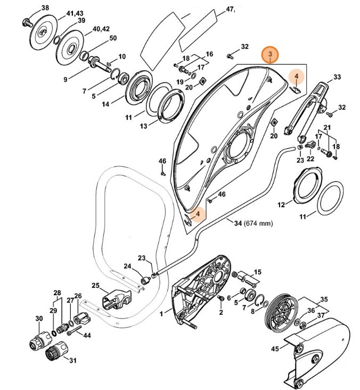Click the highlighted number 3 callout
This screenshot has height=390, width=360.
pos(270,55)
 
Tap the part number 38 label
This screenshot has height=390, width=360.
pos(45,8)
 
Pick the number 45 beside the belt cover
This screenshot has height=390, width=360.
pos(274,350)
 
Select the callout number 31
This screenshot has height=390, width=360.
pos(73,360)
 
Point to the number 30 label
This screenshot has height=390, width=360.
pos(39,319)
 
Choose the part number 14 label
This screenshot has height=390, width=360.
pos(105,105)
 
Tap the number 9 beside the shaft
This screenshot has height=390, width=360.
pos(66,79)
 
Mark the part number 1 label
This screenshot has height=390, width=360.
pos(161,315)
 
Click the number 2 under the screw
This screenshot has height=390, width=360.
pos(220,312)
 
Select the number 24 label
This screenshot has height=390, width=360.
pos(127,266)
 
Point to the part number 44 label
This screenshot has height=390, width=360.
pos(87,336)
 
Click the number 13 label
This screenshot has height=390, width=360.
pos(143,126)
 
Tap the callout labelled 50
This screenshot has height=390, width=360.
pos(112,38)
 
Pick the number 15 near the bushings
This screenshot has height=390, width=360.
pos(257,272)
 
